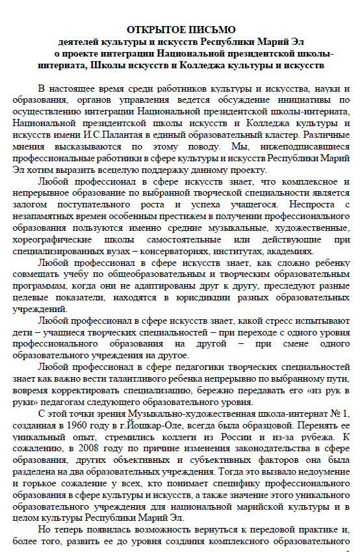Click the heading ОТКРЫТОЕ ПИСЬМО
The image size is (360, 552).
(x=180, y=30)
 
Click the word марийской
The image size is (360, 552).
(x=250, y=520)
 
